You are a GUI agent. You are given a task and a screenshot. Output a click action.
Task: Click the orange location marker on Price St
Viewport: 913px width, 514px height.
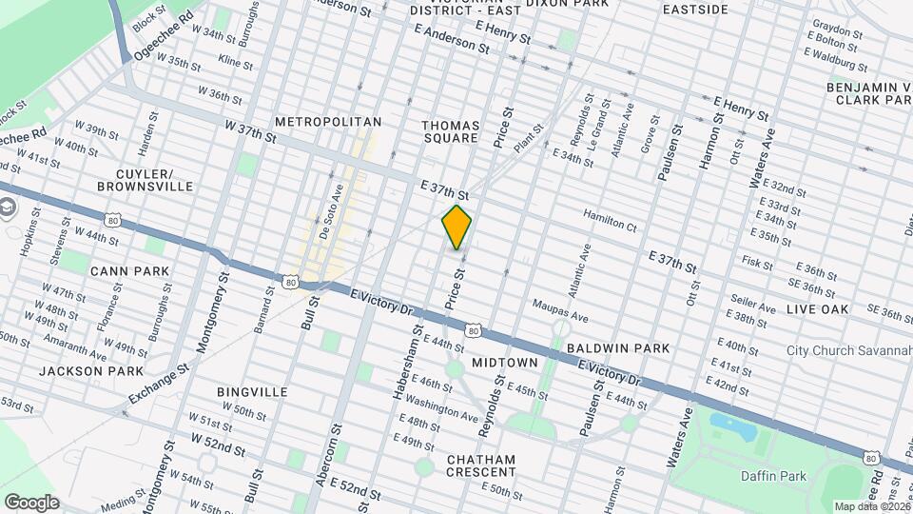457,227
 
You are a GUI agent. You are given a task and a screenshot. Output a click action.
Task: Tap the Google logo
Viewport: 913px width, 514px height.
31,502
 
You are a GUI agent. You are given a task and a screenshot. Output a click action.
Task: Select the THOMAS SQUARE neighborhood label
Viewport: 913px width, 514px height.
449,130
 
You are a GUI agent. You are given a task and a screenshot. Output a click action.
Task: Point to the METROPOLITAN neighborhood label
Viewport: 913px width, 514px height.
327,122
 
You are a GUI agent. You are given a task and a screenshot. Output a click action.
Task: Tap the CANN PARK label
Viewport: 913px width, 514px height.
129,271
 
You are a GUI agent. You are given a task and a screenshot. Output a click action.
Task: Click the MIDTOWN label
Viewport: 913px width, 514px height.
505,363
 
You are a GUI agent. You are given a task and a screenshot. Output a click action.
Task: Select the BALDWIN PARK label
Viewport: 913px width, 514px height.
618,349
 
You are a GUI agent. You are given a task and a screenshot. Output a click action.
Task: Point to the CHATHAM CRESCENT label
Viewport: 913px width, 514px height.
481,465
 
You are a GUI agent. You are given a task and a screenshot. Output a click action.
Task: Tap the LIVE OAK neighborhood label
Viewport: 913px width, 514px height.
817,309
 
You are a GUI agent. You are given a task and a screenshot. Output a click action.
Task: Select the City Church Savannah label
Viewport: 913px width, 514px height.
849,350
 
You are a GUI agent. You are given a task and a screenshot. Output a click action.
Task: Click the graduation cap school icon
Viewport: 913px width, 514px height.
8,208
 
